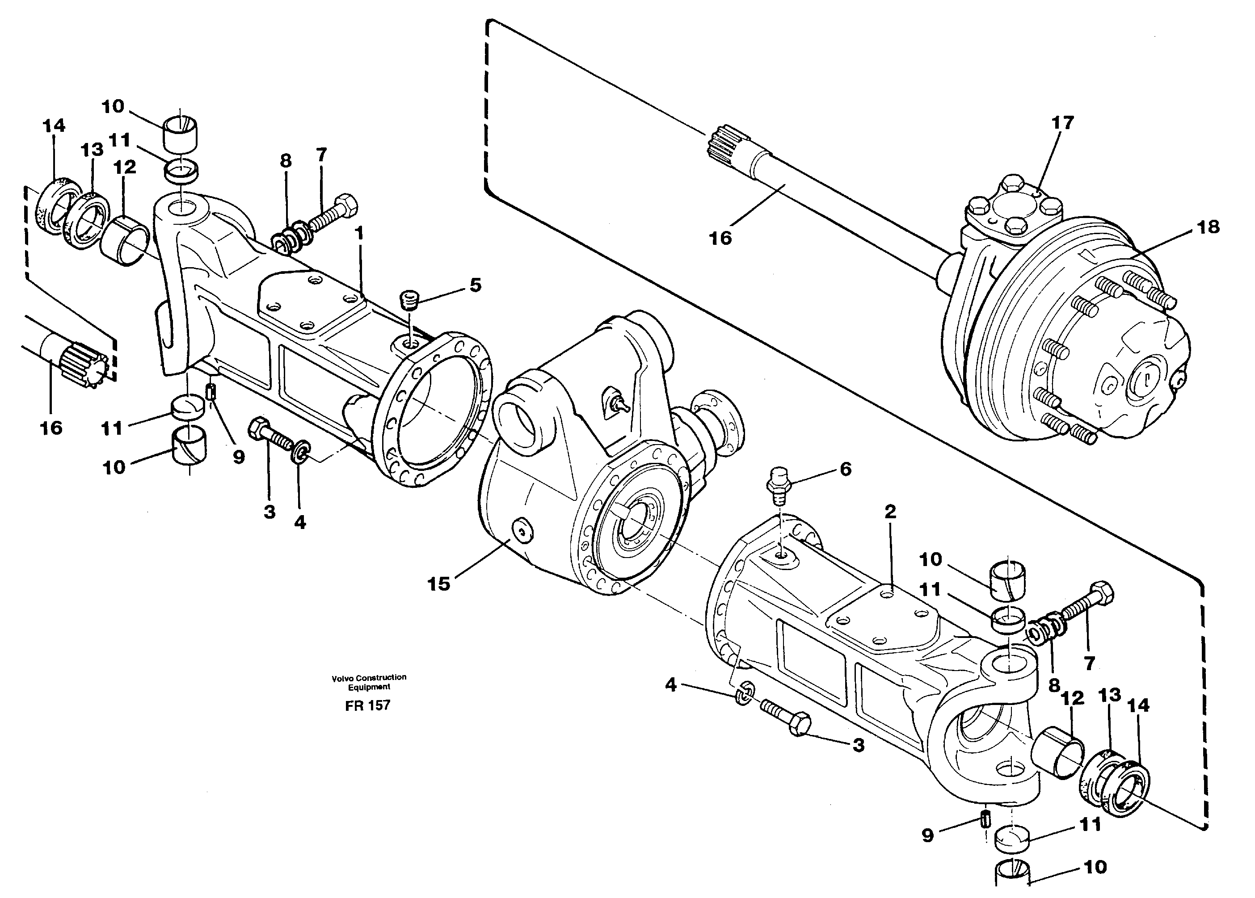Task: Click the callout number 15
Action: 438,584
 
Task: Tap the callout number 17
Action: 1062,123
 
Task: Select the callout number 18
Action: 1208,227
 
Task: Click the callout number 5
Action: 475,285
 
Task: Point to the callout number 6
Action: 846,469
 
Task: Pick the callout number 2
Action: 890,512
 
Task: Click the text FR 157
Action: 368,705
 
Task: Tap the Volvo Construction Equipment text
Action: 369,682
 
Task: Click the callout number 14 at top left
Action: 54,126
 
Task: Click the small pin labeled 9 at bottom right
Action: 985,818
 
